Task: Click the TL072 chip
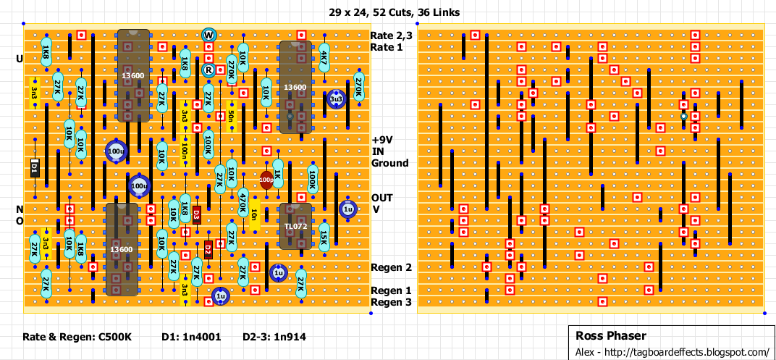(x=295, y=226)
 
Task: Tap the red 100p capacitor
(x=266, y=180)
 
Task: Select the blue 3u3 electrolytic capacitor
(x=336, y=99)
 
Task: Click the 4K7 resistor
(x=324, y=58)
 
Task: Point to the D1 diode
(x=34, y=168)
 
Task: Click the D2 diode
(x=208, y=250)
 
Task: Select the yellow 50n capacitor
(x=231, y=116)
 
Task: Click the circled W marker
(x=208, y=35)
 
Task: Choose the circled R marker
(x=208, y=70)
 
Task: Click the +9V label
(x=384, y=140)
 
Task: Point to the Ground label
(x=389, y=163)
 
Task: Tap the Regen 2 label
(x=391, y=267)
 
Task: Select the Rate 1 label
(x=387, y=47)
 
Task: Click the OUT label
(x=382, y=198)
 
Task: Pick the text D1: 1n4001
(x=191, y=337)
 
